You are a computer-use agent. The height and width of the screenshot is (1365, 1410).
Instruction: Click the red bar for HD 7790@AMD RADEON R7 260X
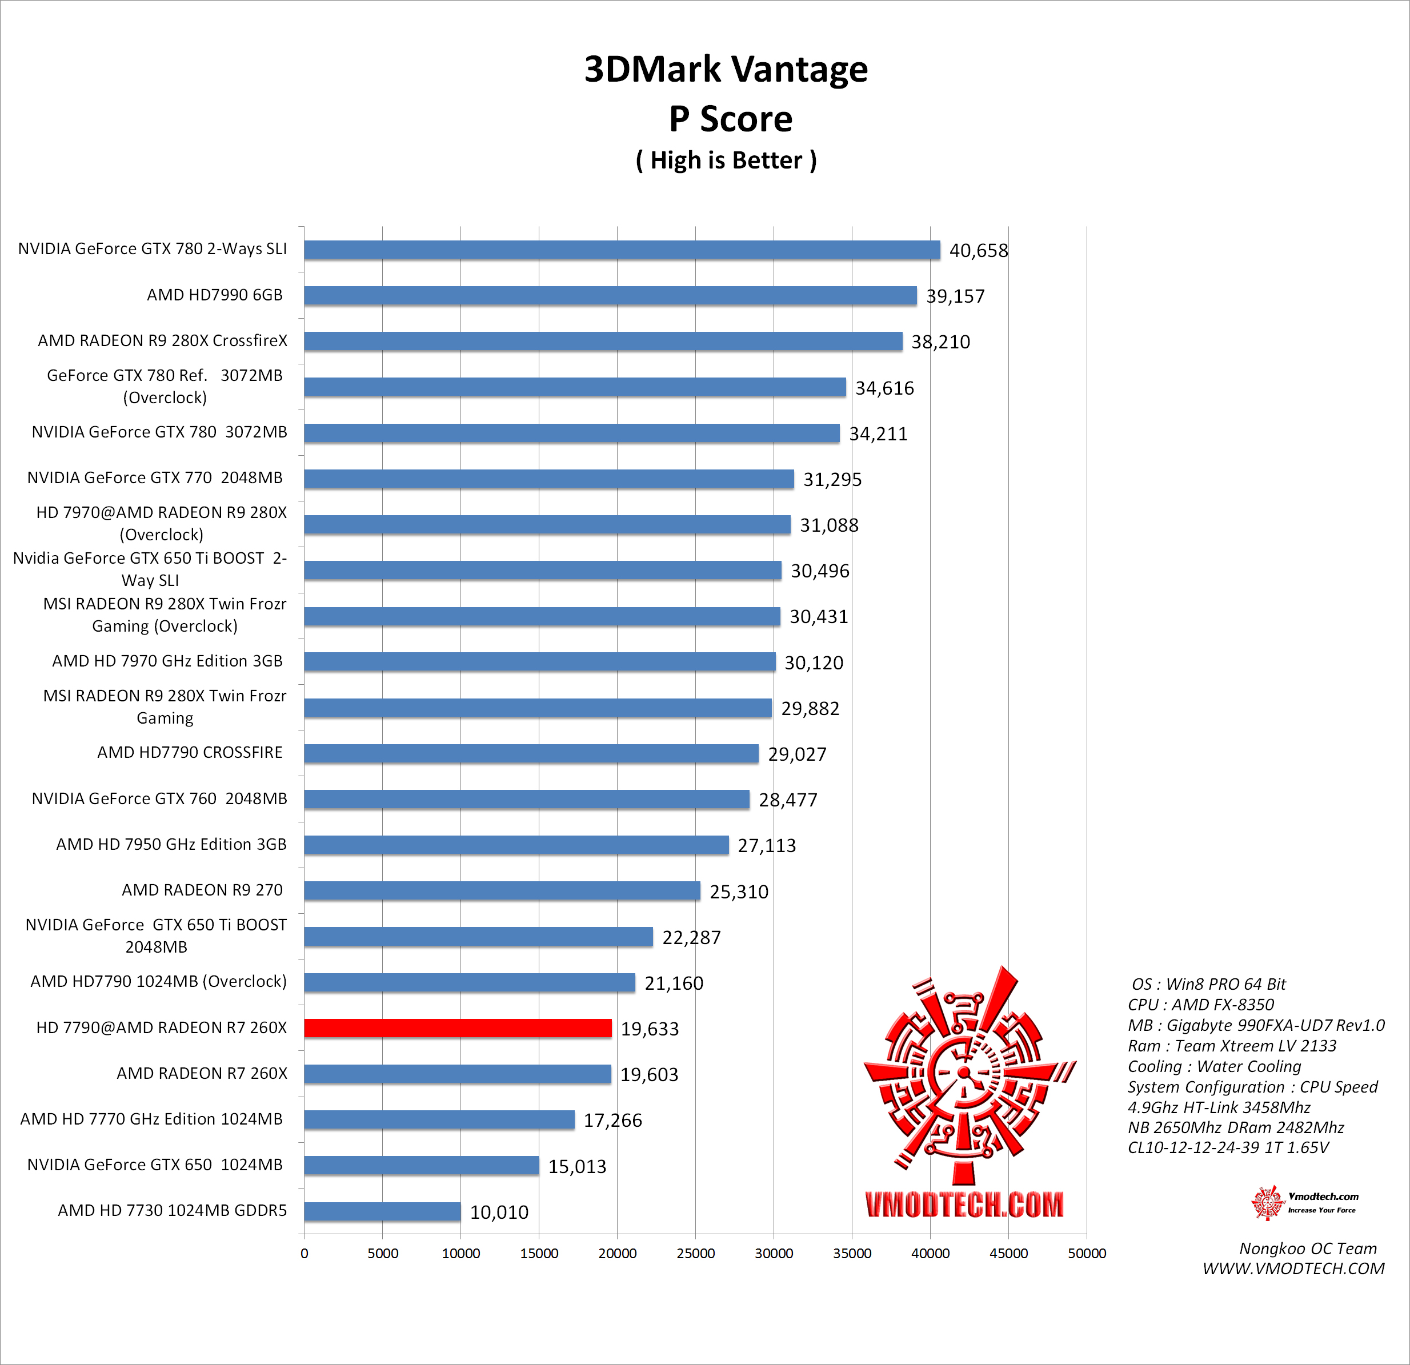(x=458, y=1027)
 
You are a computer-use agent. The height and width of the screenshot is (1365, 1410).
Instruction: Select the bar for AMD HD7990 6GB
(x=610, y=296)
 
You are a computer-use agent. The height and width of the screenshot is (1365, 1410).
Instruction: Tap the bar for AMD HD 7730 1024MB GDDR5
(x=382, y=1211)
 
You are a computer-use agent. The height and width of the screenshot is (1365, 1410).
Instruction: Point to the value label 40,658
(x=978, y=250)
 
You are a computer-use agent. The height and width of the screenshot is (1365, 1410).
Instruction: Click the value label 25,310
(x=739, y=892)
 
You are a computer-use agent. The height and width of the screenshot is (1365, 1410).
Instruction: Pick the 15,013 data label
(x=577, y=1166)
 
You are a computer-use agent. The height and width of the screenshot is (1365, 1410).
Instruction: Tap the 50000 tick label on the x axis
(x=1086, y=1254)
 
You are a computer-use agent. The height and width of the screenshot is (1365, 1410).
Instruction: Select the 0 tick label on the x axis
(x=305, y=1254)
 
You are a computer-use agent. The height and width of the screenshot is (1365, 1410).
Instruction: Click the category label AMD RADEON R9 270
(x=202, y=890)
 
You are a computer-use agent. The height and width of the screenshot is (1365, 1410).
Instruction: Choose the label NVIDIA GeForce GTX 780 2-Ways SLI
(x=153, y=249)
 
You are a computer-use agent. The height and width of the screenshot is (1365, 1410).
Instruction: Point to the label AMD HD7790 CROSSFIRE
(x=190, y=752)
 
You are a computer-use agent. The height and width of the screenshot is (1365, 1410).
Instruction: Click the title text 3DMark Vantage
(x=726, y=69)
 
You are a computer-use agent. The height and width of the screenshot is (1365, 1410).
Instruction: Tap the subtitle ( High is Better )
(x=726, y=160)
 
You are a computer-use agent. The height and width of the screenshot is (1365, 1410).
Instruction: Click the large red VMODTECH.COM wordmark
(x=964, y=1205)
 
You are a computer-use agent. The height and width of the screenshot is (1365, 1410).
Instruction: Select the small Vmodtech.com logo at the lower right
(x=1304, y=1202)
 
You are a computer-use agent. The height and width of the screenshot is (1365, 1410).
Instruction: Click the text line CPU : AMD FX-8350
(x=1201, y=1005)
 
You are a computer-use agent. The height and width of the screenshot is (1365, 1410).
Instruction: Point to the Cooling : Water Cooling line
(x=1215, y=1066)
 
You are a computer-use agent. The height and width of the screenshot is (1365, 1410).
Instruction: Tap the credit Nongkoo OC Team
(x=1308, y=1248)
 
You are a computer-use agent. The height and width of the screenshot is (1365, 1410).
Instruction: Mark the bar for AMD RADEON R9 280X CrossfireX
(x=603, y=342)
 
